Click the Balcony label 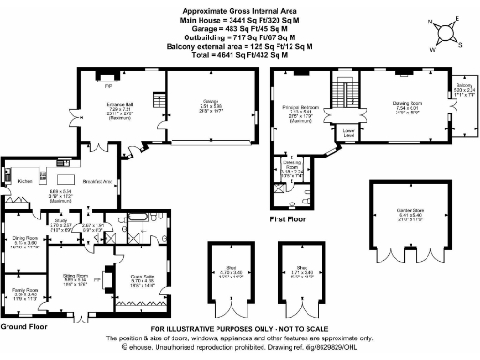click(x=465, y=86)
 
